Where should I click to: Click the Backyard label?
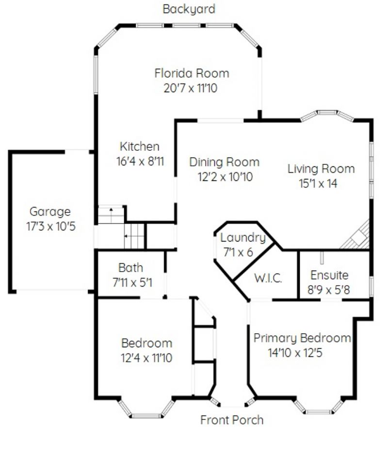click(189, 9)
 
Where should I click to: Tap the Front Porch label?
click(232, 420)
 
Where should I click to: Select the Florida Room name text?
click(192, 73)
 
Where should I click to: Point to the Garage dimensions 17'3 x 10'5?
click(51, 226)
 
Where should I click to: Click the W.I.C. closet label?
click(268, 278)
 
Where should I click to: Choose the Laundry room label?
click(243, 238)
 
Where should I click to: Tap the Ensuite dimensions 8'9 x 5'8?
click(329, 290)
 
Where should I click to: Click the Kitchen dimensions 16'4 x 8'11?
click(140, 161)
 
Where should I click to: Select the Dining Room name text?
click(225, 162)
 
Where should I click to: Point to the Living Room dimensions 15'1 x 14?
click(318, 183)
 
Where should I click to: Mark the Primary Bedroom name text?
click(302, 338)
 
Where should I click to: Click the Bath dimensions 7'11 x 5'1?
click(132, 283)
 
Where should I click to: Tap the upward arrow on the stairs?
click(111, 209)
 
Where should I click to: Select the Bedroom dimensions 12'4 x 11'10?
click(146, 358)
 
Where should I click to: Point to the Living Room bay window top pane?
click(327, 112)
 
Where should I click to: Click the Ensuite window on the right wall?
click(372, 286)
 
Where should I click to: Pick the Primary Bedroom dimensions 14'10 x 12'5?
click(295, 353)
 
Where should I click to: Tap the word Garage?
click(50, 212)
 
